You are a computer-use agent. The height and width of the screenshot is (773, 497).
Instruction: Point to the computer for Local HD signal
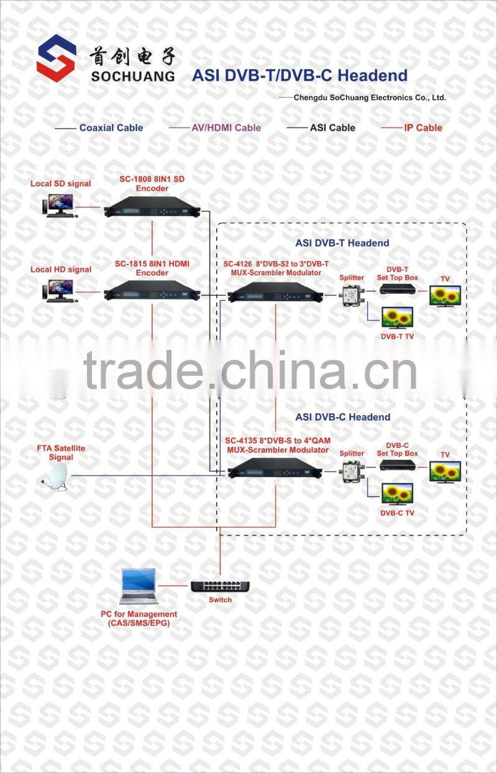point(60,290)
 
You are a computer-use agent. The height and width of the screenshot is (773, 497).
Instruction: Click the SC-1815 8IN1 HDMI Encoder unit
point(153,291)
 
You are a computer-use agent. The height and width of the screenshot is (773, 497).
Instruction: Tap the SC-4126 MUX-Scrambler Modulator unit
point(276,291)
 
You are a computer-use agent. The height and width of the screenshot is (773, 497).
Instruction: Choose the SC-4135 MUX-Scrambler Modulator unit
point(276,468)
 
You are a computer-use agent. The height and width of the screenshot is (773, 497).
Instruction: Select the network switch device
point(220,585)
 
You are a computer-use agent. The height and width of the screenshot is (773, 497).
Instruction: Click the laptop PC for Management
point(138,587)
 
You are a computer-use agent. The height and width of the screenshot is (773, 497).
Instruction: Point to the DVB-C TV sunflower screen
point(398,495)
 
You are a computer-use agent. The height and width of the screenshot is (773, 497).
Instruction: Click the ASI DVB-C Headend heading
point(343,417)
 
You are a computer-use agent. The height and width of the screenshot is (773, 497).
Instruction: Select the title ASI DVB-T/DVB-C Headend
point(299,76)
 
